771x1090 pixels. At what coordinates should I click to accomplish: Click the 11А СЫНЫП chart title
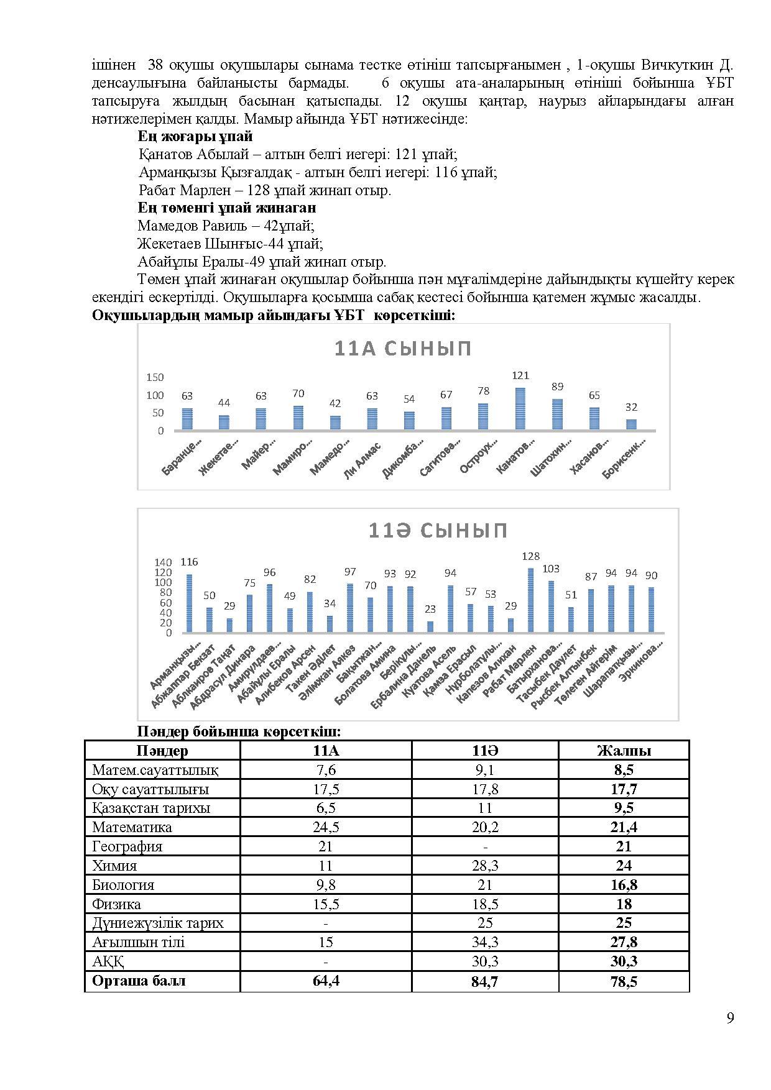(403, 349)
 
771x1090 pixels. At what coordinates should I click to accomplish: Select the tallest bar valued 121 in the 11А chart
(520, 408)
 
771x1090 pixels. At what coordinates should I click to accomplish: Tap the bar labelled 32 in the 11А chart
(631, 424)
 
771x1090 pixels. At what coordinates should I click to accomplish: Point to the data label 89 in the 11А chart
(557, 387)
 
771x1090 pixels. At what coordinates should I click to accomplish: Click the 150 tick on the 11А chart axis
(155, 377)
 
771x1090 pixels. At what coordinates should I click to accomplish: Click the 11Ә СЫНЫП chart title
(438, 530)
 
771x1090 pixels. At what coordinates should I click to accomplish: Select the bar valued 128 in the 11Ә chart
(530, 600)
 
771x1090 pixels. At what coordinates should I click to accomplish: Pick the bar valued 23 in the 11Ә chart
(430, 626)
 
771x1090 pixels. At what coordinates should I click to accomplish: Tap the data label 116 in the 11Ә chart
(189, 562)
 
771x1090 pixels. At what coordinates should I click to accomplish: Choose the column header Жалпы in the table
(624, 751)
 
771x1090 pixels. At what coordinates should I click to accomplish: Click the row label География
(127, 846)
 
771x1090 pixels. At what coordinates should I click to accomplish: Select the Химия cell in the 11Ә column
(484, 866)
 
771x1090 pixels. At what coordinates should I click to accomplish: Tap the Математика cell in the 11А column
(325, 827)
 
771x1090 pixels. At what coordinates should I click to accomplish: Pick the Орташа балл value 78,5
(624, 981)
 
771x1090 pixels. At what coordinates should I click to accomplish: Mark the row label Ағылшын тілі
(139, 942)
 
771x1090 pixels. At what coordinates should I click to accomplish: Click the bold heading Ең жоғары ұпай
(195, 137)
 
